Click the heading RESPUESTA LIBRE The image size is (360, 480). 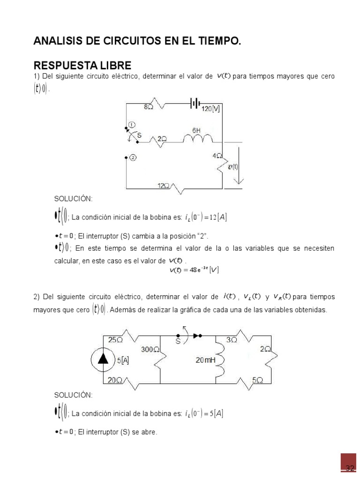pos(82,65)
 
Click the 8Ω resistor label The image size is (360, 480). pos(149,107)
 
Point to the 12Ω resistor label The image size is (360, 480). pos(163,186)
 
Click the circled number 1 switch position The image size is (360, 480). pos(132,125)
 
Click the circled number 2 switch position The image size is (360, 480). pos(133,158)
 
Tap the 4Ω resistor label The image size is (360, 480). pos(216,156)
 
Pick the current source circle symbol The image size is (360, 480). pos(103,360)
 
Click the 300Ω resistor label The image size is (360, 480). pos(150,349)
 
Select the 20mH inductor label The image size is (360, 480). pos(205,360)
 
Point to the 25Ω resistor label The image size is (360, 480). pos(115,340)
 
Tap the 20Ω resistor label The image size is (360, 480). pos(115,380)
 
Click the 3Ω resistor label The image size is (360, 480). pos(232,340)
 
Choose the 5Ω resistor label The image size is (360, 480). pos(257,380)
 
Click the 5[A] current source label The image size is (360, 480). pos(123,360)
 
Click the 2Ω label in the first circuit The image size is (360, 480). pos(162,139)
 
